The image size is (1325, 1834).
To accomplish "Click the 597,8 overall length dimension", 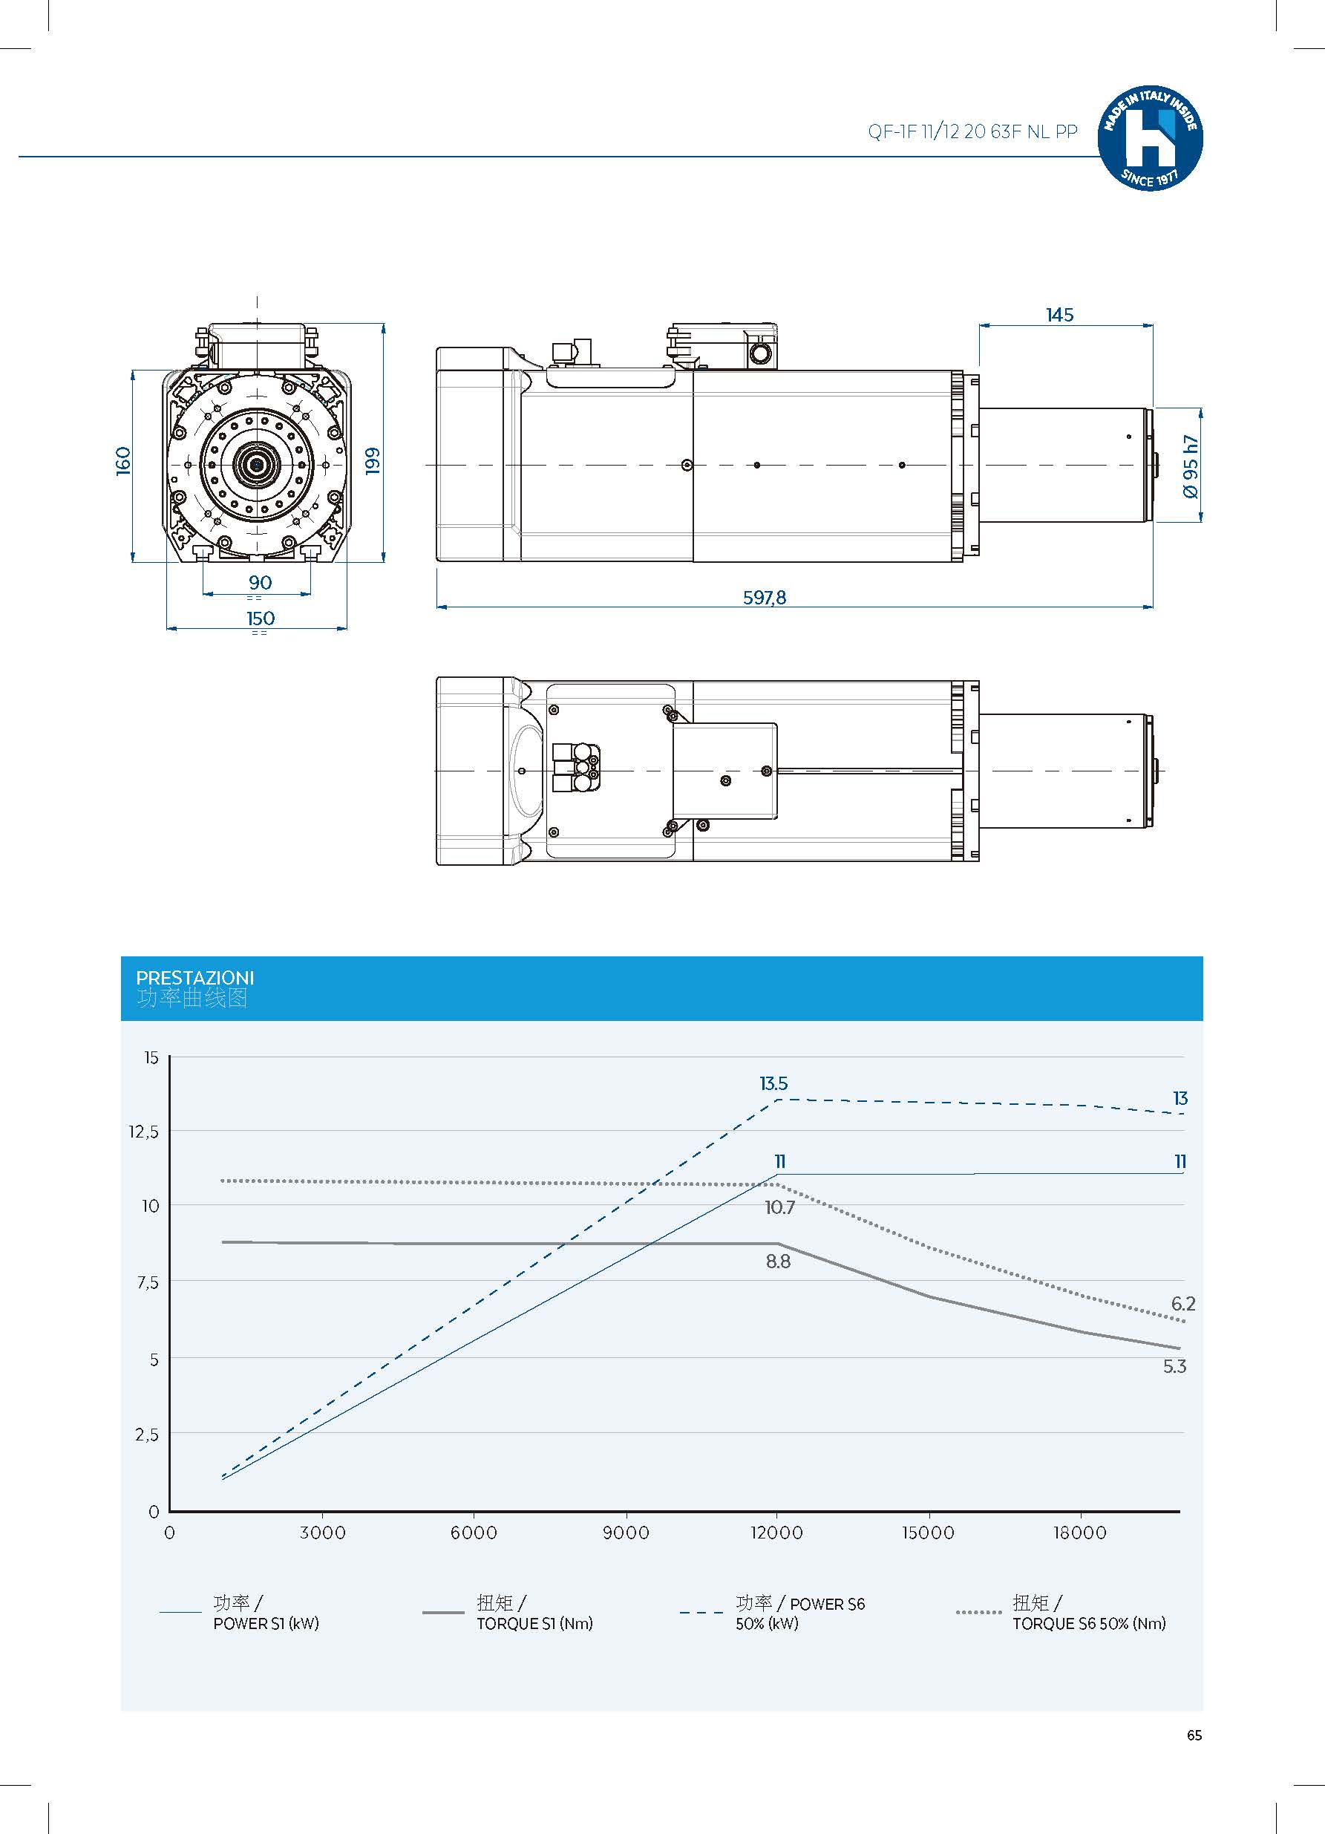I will pos(764,598).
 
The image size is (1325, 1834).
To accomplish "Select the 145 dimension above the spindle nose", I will pos(1059,315).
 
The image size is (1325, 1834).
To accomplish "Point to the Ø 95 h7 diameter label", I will pos(1190,466).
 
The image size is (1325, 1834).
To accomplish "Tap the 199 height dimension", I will pos(373,461).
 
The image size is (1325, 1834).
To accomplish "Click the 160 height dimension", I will pos(123,461).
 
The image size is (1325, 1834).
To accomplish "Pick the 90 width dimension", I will pos(261,582).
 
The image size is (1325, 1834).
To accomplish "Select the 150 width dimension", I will pos(261,618).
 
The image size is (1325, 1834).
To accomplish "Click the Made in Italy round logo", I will pos(1150,138).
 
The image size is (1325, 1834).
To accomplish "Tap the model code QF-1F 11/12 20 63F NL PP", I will pos(972,132).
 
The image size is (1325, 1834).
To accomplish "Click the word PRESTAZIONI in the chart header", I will pos(194,978).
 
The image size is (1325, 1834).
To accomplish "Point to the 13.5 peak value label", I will pos(773,1083).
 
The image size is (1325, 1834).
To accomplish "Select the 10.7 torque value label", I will pos(779,1207).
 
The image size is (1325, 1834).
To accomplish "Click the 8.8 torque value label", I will pos(778,1261).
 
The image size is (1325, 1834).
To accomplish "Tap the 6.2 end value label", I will pos(1182,1304).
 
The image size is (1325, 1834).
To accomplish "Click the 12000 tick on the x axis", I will pos(777,1533).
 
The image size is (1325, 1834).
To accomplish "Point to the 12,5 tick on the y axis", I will pos(144,1132).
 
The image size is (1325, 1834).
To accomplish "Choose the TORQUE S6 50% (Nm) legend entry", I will pos(1088,1623).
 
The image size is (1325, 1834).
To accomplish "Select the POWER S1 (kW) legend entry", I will pos(266,1623).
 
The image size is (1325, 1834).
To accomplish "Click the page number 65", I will pos(1194,1735).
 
